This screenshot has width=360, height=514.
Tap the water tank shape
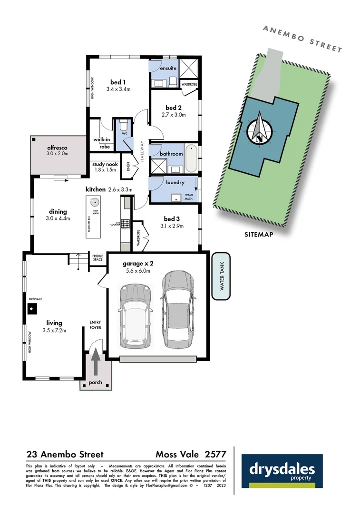(x=221, y=277)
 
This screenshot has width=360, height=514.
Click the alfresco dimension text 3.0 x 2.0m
(x=58, y=154)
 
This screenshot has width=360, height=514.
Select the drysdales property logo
(x=282, y=471)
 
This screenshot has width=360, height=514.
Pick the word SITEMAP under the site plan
(x=259, y=234)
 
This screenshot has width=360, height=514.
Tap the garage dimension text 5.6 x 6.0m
(x=138, y=271)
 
